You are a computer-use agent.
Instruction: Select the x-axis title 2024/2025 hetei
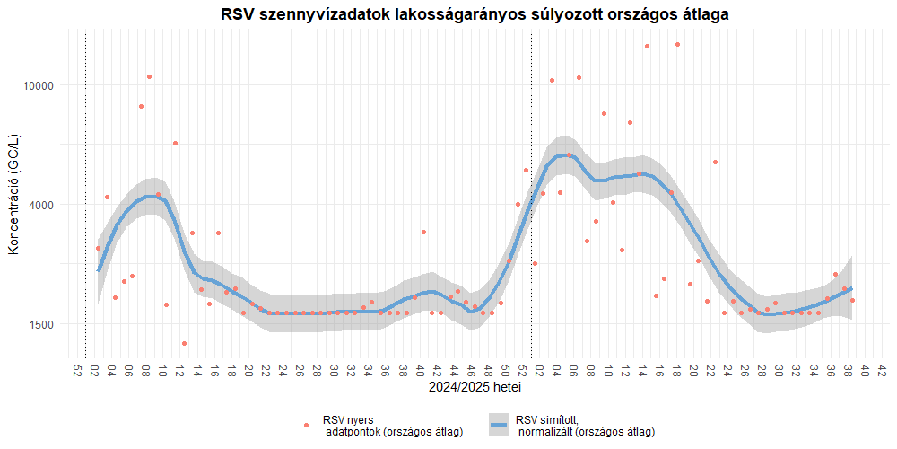pos(475,389)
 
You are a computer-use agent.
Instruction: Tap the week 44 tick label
pos(454,371)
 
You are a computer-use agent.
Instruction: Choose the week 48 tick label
pos(488,371)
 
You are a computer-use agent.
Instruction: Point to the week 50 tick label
pos(505,371)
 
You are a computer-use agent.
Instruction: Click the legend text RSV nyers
pos(348,419)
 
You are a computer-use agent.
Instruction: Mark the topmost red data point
pos(677,44)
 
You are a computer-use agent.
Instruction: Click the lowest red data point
pos(184,343)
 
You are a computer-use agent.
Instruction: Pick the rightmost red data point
pos(852,300)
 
